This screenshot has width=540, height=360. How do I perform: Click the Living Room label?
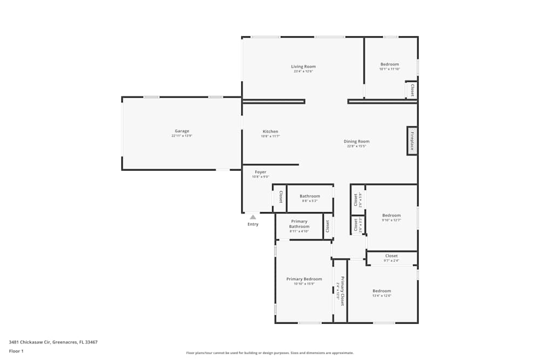303,66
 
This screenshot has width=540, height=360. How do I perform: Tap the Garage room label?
182,131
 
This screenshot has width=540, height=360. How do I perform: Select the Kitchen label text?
271,132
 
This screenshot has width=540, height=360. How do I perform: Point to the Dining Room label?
356,141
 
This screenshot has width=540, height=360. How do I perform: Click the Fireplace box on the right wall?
411,141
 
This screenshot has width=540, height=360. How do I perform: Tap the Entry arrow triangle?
253,216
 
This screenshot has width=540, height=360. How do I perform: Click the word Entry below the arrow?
253,224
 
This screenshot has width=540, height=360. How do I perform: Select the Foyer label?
260,172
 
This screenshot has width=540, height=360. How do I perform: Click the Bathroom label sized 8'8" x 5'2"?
310,196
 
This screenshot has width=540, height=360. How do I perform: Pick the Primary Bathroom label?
299,224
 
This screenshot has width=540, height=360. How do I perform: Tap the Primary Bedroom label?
304,279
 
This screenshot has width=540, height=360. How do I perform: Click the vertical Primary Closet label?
342,291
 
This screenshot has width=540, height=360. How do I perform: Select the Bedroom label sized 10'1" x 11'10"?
389,64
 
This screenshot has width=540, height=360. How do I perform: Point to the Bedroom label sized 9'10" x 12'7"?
391,215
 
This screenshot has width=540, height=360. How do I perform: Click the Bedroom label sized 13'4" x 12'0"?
382,291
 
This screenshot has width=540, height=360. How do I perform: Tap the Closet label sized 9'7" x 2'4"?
391,256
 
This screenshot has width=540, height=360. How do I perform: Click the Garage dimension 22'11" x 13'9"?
182,136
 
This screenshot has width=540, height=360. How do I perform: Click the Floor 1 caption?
16,351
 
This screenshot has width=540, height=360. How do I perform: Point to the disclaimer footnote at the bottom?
270,353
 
